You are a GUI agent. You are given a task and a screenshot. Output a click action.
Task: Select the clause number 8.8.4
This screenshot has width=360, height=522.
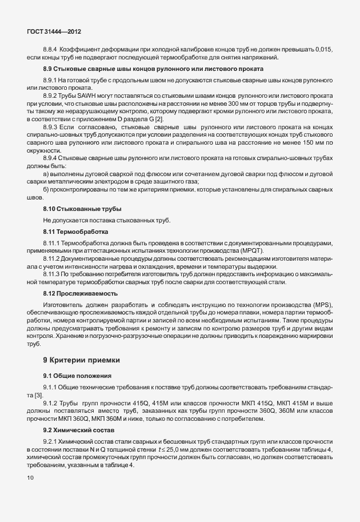point(52,50)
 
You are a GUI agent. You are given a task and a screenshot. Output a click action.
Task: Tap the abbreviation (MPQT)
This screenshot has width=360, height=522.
point(257,251)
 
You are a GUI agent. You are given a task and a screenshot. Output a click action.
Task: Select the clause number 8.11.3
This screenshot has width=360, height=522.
point(53,274)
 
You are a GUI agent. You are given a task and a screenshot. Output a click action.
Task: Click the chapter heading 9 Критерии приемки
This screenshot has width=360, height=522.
point(82,360)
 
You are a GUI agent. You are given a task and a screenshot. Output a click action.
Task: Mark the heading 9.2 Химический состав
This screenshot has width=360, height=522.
point(79,429)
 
